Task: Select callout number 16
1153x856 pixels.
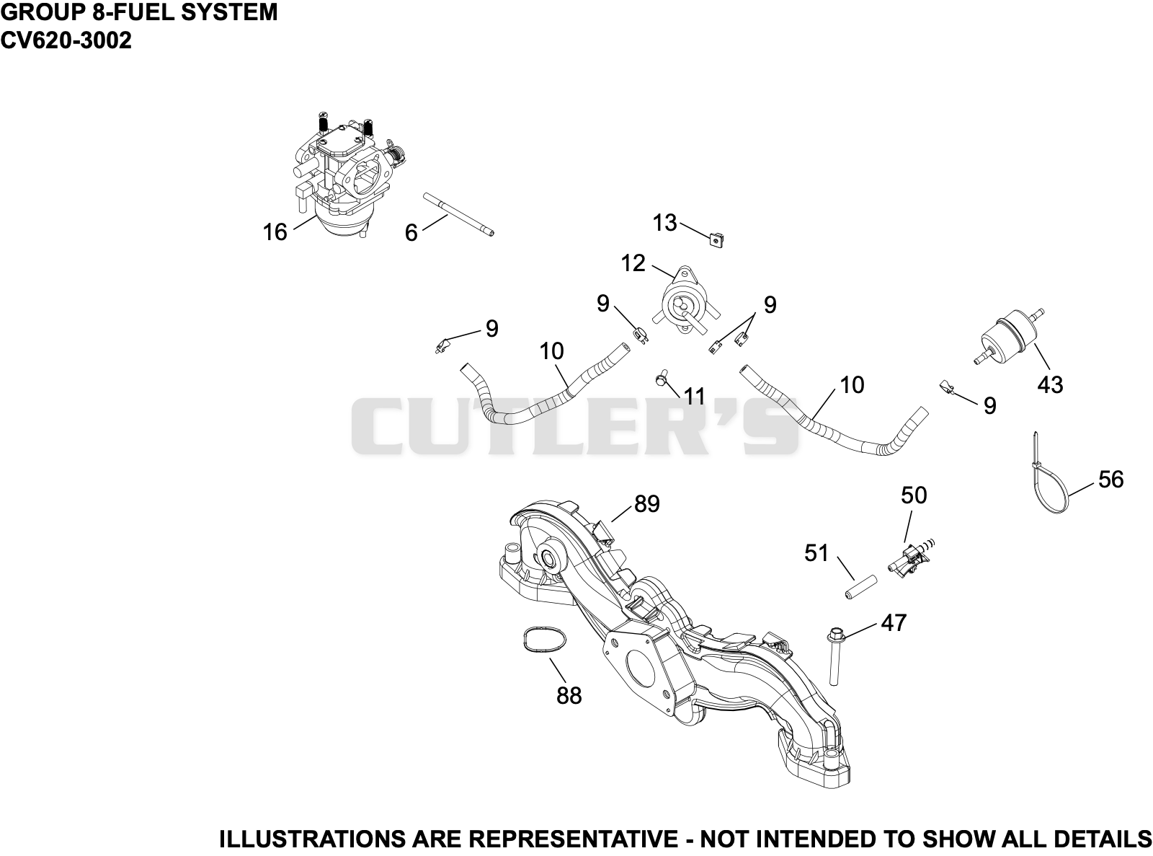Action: click(275, 232)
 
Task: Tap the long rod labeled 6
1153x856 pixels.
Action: click(458, 214)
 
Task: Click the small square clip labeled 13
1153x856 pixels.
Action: click(717, 240)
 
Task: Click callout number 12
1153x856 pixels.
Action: click(633, 263)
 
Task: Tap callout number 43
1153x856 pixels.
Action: click(1050, 384)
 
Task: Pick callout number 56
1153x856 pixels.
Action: click(1111, 480)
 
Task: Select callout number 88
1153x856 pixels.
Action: click(569, 695)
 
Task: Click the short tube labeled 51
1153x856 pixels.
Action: click(860, 587)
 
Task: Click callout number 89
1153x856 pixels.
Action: click(647, 503)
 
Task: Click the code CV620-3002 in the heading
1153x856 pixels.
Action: click(66, 40)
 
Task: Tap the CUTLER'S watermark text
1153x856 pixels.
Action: click(574, 426)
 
